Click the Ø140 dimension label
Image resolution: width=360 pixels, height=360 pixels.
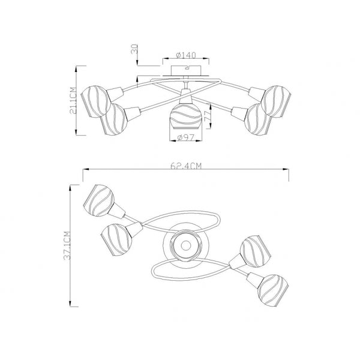point(186,55)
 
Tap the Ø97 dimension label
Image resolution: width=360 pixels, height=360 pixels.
point(186,137)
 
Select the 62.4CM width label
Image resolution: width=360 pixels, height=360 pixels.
point(186,166)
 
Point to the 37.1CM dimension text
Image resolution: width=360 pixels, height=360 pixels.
point(67,245)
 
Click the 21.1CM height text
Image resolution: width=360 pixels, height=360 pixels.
point(72,100)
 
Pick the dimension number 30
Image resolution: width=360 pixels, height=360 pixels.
point(134,49)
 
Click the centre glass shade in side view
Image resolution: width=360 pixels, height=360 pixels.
point(186,116)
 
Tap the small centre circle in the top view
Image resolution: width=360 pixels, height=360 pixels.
point(185,245)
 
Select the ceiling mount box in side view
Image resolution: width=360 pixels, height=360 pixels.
point(186,70)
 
